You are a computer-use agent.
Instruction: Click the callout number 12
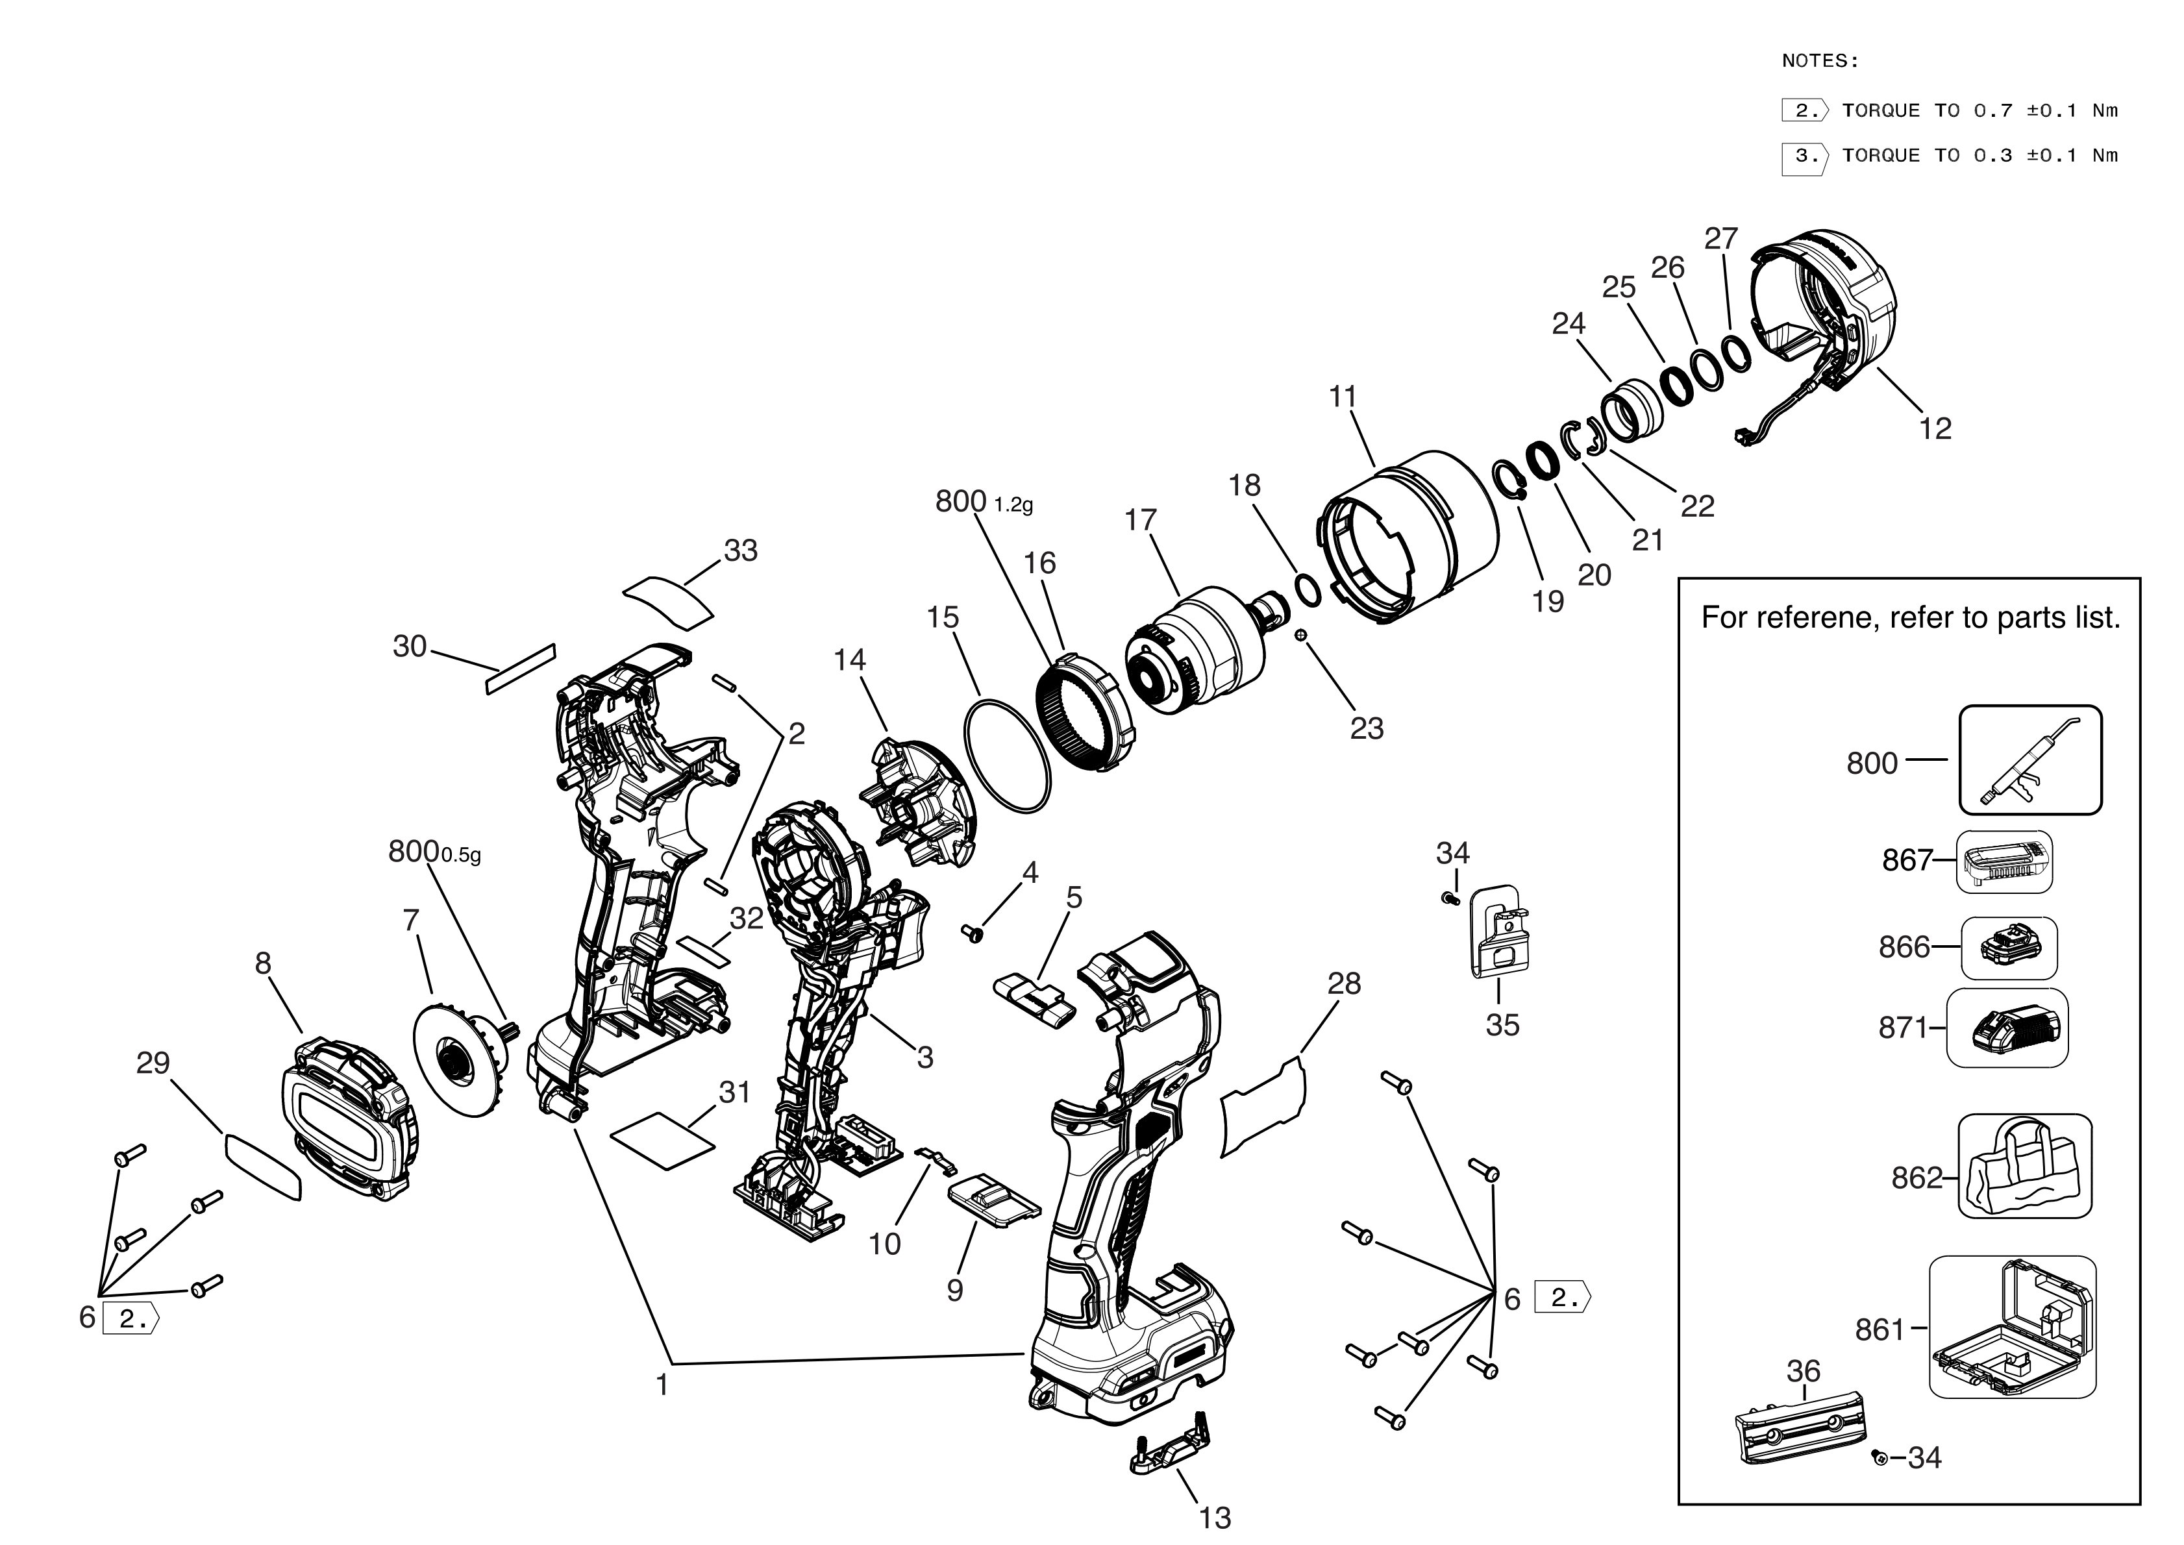click(x=1935, y=429)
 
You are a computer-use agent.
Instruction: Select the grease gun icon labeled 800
click(x=2030, y=760)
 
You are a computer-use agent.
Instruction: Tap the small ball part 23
click(x=1300, y=635)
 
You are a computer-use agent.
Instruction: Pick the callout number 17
click(x=1141, y=521)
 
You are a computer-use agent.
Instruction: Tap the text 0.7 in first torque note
click(x=1993, y=110)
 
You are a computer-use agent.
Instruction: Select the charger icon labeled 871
click(x=2006, y=1028)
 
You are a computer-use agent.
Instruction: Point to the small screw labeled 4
click(x=972, y=933)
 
